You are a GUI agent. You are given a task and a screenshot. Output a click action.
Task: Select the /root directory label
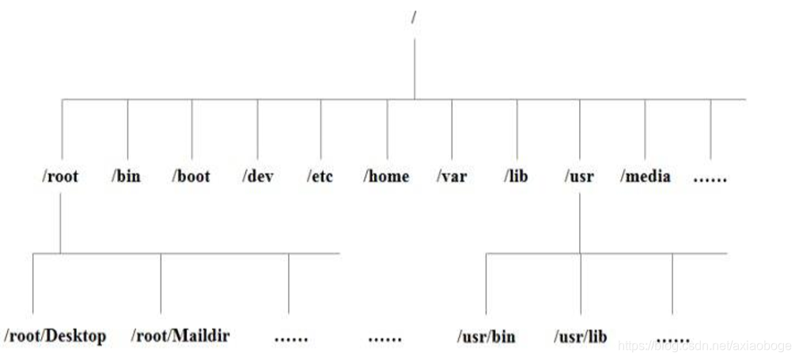coord(60,176)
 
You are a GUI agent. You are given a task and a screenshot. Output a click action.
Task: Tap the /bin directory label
coord(126,176)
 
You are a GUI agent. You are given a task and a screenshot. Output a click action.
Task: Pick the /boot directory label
coord(191,176)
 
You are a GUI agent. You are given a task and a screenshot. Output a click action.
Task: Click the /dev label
coord(258,176)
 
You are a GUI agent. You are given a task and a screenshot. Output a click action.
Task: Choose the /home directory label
coord(386,176)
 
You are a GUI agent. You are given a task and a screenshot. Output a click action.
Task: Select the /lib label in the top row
coord(516,176)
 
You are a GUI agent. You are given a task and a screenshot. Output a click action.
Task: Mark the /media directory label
coord(646,176)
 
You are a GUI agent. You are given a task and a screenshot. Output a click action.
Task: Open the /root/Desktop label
coord(55,335)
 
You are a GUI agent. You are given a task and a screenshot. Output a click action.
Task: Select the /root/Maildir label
coord(180,335)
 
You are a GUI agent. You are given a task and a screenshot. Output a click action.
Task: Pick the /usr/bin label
coord(486,337)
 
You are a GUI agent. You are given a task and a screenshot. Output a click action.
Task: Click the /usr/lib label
coord(581,337)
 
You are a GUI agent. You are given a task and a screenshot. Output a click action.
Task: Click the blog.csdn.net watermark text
coord(704,346)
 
